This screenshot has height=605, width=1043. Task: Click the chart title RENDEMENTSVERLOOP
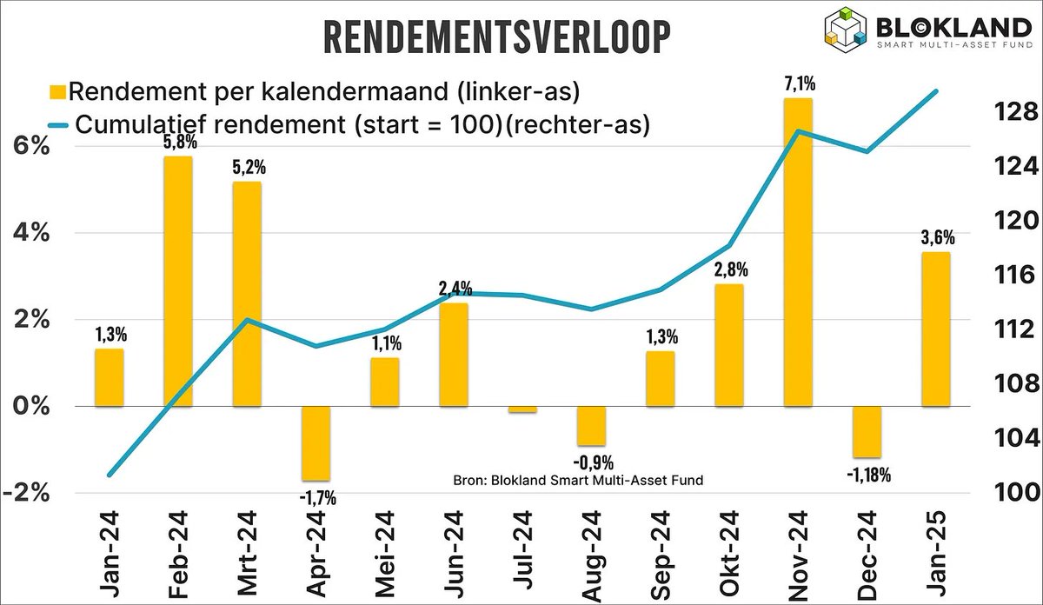(x=497, y=39)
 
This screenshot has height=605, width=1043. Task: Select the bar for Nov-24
(x=798, y=252)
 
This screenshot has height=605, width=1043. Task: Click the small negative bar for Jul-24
(x=522, y=409)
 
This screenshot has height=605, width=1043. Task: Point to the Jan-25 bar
(x=936, y=329)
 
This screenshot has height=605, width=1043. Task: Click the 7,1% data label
(x=798, y=84)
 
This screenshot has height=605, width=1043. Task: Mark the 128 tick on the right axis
(x=1013, y=111)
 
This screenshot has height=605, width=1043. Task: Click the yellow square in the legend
(x=57, y=91)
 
